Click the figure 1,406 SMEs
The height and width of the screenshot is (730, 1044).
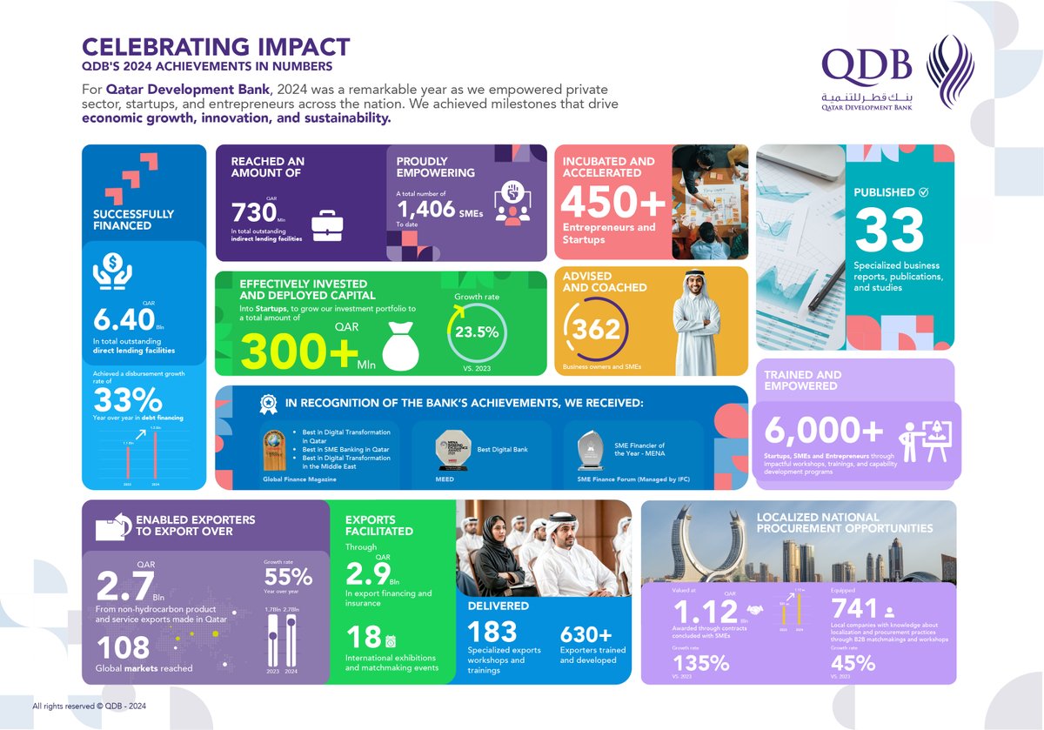[x=426, y=209]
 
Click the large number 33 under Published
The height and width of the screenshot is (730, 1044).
[x=888, y=230]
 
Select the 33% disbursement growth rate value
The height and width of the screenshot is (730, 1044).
[x=128, y=401]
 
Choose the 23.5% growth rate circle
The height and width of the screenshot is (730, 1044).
[x=477, y=332]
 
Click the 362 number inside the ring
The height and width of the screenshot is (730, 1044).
[x=597, y=330]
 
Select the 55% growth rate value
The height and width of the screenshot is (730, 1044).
[x=288, y=578]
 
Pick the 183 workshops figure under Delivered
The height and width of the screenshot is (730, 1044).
[x=492, y=632]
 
